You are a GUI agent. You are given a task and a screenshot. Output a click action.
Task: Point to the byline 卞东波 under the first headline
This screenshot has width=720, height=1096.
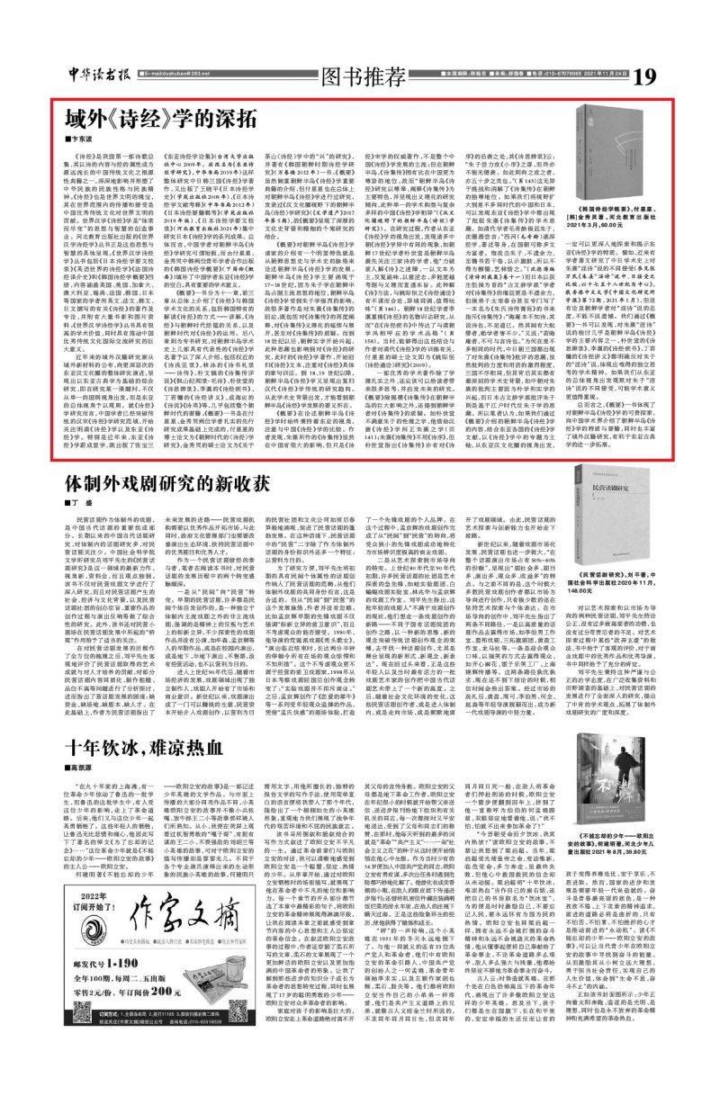[x=83, y=140]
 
